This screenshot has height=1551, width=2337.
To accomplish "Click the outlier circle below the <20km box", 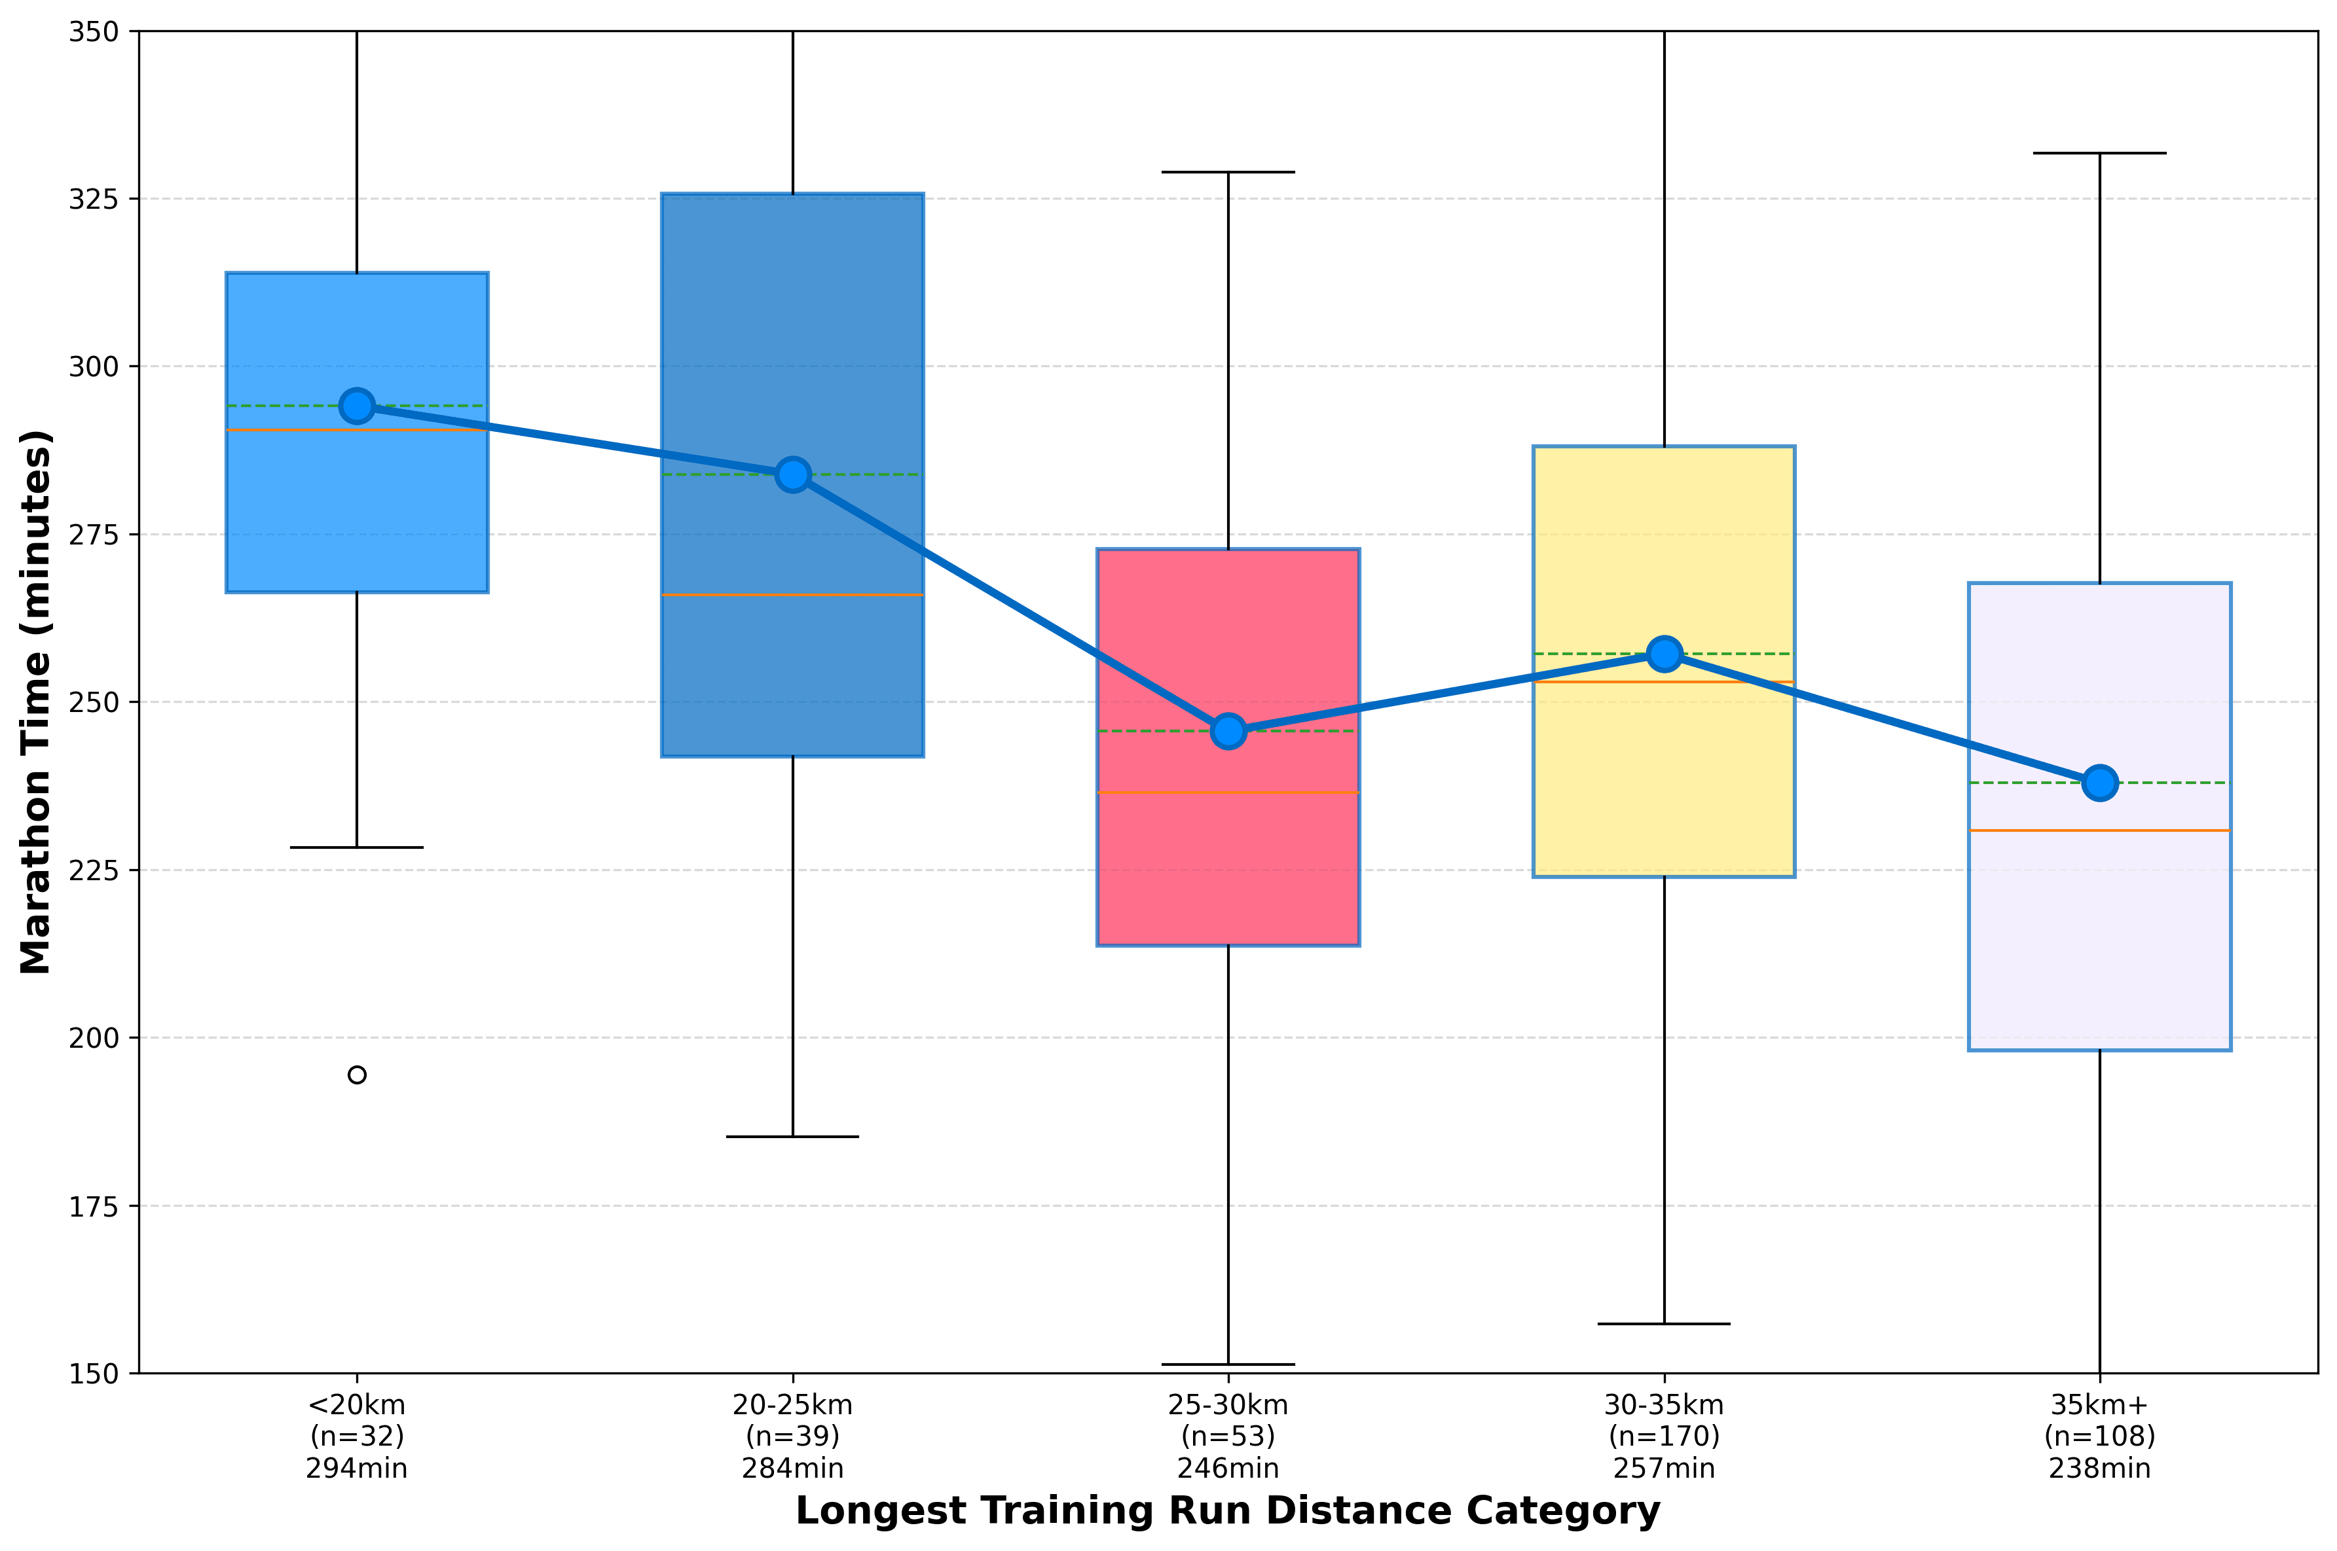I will click(x=357, y=1075).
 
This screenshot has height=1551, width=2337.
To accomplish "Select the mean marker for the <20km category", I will click(x=357, y=406).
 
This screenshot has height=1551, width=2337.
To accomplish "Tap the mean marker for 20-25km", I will click(x=792, y=475).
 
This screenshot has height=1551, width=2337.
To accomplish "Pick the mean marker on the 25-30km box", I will click(x=1228, y=731).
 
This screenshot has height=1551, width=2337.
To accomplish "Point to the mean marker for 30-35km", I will click(x=1665, y=654).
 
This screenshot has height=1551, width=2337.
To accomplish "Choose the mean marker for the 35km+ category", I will click(x=2099, y=783).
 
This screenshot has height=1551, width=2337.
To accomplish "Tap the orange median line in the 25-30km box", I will click(x=1228, y=793).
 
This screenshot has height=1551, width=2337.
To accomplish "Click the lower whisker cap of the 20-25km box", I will click(x=792, y=1137).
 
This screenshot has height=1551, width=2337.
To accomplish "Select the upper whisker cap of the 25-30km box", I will click(x=1228, y=172).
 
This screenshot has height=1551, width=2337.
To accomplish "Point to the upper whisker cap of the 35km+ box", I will click(x=2099, y=153).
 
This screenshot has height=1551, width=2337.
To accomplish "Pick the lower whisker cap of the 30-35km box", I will click(x=1665, y=1323).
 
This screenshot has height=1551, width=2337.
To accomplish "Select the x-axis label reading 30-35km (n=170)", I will click(x=1665, y=1420).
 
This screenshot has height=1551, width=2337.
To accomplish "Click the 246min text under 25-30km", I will click(x=1228, y=1469).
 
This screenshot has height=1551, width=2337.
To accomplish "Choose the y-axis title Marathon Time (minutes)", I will click(x=35, y=702).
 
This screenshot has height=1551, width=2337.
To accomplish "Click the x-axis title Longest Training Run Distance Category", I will click(x=1228, y=1512).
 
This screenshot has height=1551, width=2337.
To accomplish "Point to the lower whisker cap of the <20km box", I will click(x=357, y=847).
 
